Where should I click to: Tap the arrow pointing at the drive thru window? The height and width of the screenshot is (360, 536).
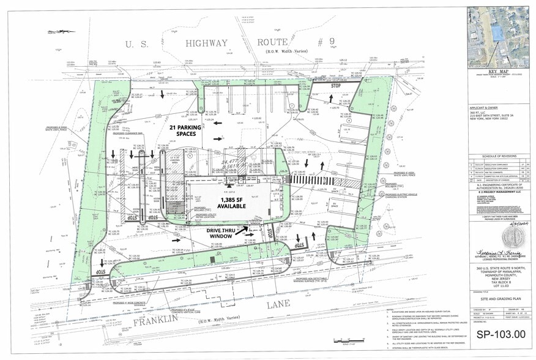coord(247,228)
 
